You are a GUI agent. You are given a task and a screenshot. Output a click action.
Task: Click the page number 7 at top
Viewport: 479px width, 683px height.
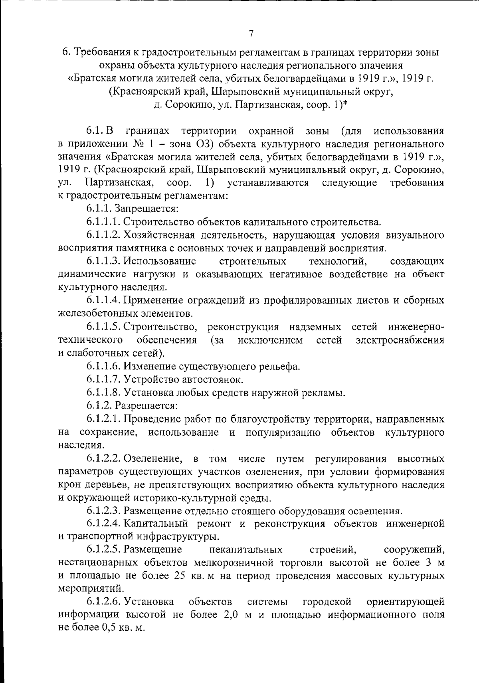(x=251, y=34)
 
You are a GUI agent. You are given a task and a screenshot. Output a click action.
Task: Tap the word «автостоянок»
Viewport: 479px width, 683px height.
(x=215, y=379)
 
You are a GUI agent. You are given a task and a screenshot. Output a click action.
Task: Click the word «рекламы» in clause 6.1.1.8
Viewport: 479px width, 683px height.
(x=327, y=393)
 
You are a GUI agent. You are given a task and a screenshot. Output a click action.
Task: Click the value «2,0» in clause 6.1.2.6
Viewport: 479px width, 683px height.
(x=231, y=615)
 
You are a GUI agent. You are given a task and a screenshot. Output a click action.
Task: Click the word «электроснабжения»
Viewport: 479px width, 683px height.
(x=400, y=340)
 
